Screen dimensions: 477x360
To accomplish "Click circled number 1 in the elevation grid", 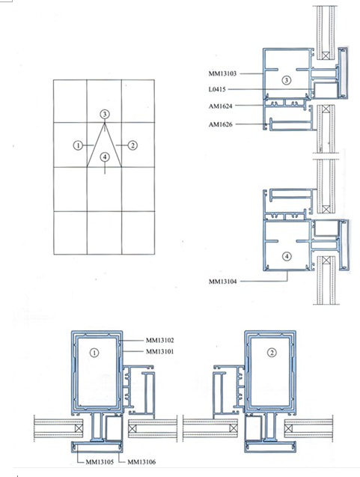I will [x=77, y=145].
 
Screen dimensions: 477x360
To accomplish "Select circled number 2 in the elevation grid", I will [x=132, y=145].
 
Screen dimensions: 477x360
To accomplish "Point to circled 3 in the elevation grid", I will [x=105, y=113].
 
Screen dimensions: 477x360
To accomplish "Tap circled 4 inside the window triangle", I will [x=105, y=157].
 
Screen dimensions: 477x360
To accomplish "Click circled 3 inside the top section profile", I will [x=285, y=79].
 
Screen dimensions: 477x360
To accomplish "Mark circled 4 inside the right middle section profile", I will [x=285, y=255].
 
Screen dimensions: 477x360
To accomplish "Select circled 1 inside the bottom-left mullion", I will [x=94, y=350].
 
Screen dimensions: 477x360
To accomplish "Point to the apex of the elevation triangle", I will [x=105, y=124].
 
